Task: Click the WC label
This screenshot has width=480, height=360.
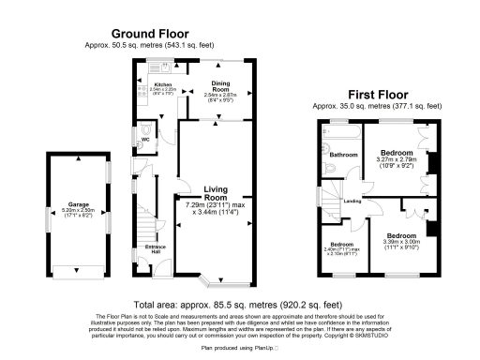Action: (x=144, y=141)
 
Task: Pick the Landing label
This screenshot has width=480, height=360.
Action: (x=352, y=201)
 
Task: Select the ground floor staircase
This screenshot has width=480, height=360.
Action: (x=142, y=225)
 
